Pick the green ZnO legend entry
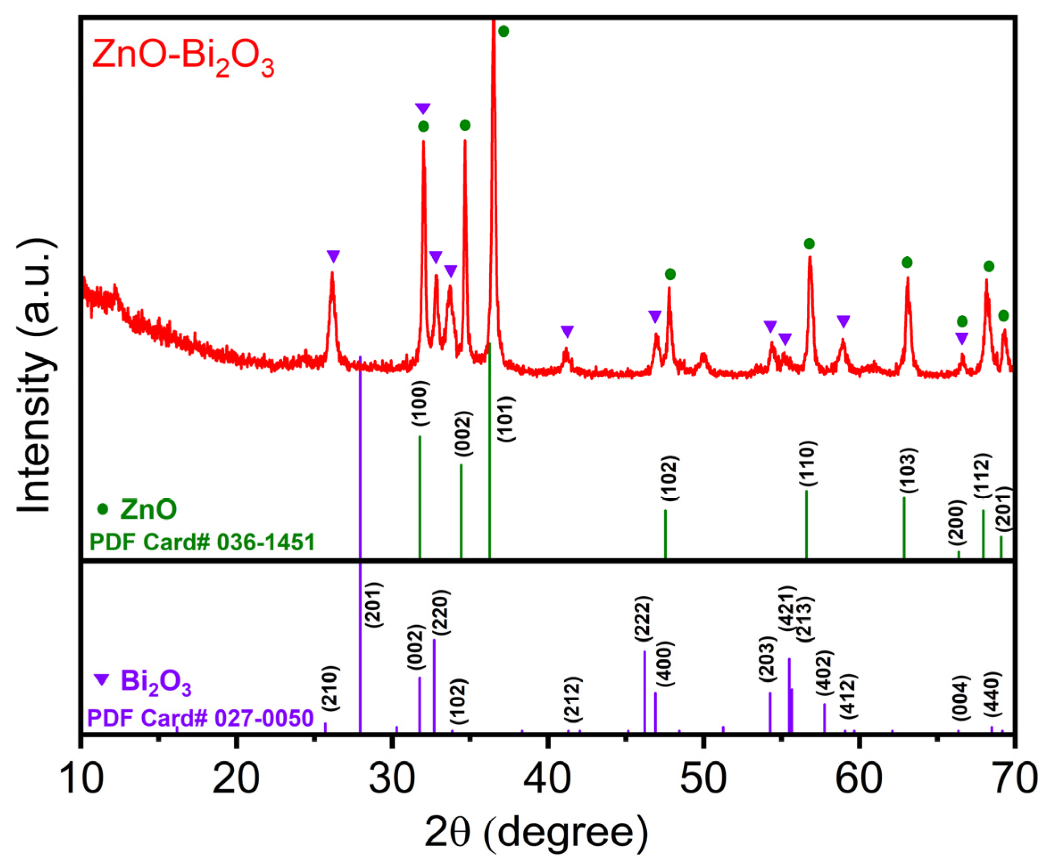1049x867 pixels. click(x=137, y=509)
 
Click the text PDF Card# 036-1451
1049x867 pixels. click(x=202, y=542)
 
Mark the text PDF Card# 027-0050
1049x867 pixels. click(x=200, y=718)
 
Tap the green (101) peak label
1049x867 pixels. click(x=507, y=418)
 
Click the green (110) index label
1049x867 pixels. click(x=807, y=463)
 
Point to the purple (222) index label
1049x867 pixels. click(x=644, y=618)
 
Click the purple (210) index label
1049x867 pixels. click(x=330, y=688)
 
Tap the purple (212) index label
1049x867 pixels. click(x=574, y=699)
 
